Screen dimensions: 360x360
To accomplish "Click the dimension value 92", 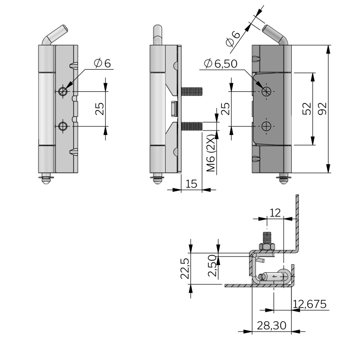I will (x=322, y=109).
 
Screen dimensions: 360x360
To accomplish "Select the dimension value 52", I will (x=307, y=109).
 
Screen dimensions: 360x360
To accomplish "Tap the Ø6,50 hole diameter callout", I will (x=220, y=64).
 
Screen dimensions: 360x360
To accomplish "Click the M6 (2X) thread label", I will (x=211, y=153).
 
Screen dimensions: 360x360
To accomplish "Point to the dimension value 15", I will (x=191, y=184).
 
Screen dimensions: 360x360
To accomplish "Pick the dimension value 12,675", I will (x=309, y=304).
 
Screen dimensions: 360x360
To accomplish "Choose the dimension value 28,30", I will (x=271, y=325).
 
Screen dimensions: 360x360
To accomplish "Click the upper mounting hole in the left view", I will (x=62, y=91).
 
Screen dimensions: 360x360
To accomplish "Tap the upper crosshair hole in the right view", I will (x=266, y=91).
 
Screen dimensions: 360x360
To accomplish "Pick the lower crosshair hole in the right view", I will (x=266, y=126).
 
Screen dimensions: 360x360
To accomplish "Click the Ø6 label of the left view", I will (x=102, y=63).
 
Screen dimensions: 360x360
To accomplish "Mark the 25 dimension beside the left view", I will (x=100, y=108).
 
